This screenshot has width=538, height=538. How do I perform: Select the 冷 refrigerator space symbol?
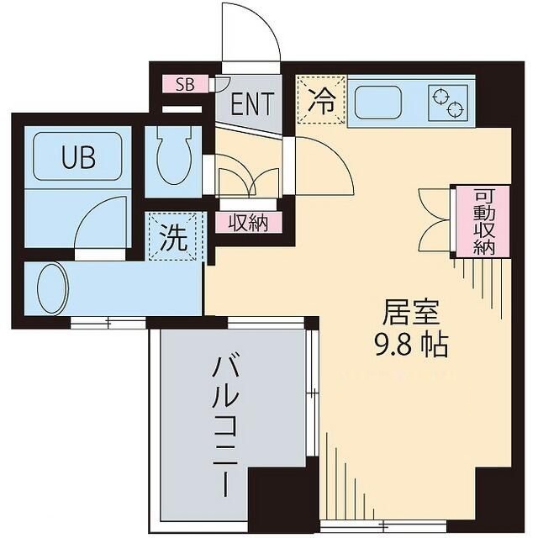pyautogui.click(x=320, y=100)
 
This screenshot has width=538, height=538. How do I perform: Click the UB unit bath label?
pyautogui.click(x=77, y=157)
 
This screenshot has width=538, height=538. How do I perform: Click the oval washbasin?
pyautogui.click(x=51, y=287)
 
